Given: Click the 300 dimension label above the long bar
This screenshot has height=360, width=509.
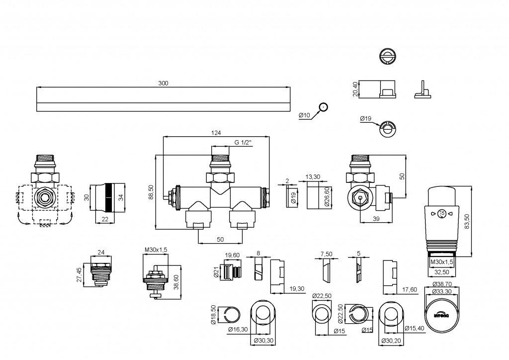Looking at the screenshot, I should [163, 84].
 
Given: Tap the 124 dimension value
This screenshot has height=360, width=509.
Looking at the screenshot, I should [216, 133].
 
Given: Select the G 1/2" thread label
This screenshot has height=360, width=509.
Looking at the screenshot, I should [244, 143].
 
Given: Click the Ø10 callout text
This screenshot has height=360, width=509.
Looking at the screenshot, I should [304, 115].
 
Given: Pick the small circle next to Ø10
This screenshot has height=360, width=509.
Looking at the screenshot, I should [324, 106].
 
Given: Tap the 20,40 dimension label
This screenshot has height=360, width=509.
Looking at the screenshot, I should [355, 90].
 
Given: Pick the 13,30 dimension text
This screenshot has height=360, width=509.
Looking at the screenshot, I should [313, 177].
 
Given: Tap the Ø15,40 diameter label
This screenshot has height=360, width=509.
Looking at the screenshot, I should [415, 328].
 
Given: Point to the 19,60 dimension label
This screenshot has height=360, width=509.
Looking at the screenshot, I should [232, 255].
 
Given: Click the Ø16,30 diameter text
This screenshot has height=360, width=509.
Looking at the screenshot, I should [238, 329].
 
